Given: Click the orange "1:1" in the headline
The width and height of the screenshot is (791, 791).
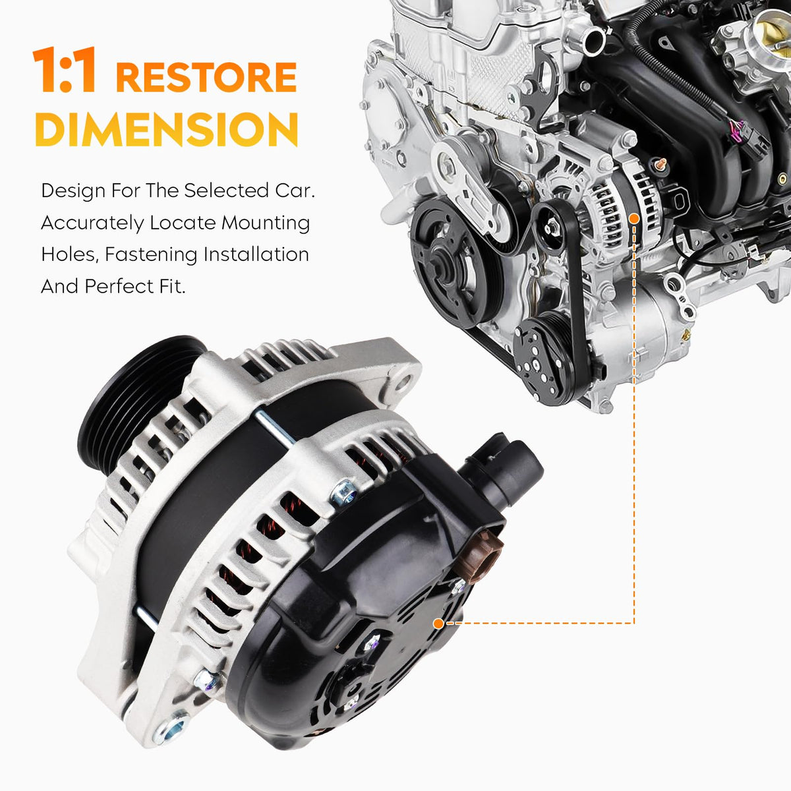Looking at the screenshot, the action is [x=64, y=69].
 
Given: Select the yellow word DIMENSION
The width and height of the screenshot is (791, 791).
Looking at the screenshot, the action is [x=166, y=129].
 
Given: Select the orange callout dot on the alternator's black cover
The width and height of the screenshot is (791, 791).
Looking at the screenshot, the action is [x=438, y=624].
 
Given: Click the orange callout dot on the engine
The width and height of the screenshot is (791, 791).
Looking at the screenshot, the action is [x=634, y=218].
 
